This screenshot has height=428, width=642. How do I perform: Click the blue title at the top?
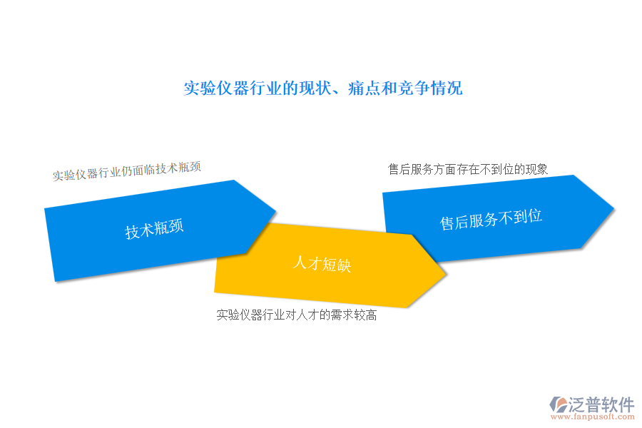(x=323, y=88)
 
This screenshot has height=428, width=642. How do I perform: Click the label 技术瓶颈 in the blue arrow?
(x=154, y=228)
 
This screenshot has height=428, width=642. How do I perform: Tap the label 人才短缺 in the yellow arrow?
(x=322, y=264)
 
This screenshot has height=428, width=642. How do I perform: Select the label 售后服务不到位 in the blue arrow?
(x=491, y=219)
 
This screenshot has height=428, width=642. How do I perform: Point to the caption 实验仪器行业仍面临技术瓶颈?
(x=126, y=171)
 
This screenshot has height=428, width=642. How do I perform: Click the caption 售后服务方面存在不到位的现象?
(x=467, y=169)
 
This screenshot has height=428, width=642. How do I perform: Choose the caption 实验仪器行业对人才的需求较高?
(x=297, y=315)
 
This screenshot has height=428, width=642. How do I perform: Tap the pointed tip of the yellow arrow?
(x=445, y=274)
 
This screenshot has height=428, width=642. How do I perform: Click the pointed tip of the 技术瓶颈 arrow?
(x=276, y=211)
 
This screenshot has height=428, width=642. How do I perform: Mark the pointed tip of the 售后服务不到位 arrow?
(x=613, y=209)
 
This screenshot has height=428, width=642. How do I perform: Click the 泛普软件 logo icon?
(x=558, y=404)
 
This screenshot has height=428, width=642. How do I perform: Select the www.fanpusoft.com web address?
(x=593, y=417)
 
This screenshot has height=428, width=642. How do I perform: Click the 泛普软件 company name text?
(x=601, y=404)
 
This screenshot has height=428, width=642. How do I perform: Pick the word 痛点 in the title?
(x=365, y=88)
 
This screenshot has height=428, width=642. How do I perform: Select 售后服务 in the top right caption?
(x=411, y=169)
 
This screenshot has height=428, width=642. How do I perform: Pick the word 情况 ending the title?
(x=447, y=88)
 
